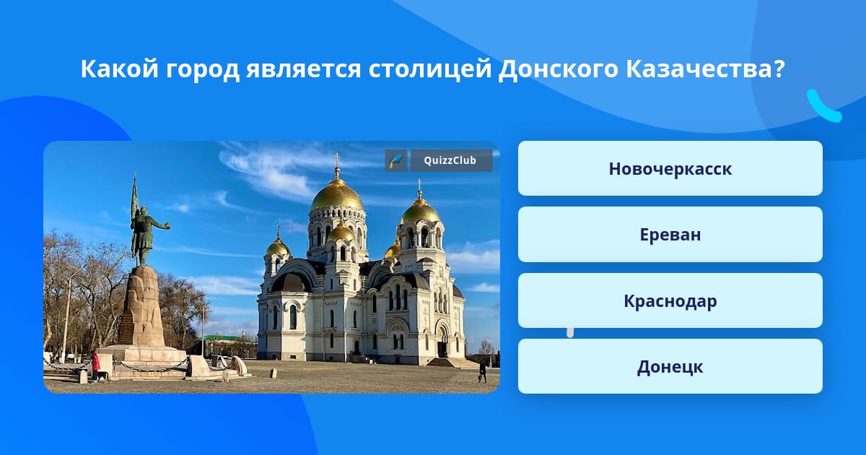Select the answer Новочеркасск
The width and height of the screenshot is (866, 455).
click(x=670, y=168)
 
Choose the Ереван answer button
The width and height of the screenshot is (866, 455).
click(x=670, y=235)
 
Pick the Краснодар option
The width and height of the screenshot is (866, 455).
click(x=670, y=300)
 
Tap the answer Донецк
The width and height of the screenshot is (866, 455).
click(x=670, y=366)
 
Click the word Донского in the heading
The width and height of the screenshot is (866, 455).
click(x=559, y=69)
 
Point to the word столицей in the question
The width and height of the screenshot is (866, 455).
click(x=429, y=69)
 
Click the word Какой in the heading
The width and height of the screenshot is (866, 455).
click(x=120, y=69)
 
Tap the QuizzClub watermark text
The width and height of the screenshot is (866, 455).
click(x=450, y=160)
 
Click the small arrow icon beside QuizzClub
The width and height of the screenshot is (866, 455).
click(x=396, y=160)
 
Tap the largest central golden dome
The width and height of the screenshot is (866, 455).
click(x=337, y=196)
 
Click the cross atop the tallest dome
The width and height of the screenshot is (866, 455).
click(x=337, y=160)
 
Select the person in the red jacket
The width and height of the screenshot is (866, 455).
click(x=95, y=366)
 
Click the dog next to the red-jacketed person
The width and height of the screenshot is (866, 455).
click(x=103, y=376)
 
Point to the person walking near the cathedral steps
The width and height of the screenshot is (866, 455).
click(x=483, y=371)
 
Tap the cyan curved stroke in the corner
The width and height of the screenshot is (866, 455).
click(x=823, y=106)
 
